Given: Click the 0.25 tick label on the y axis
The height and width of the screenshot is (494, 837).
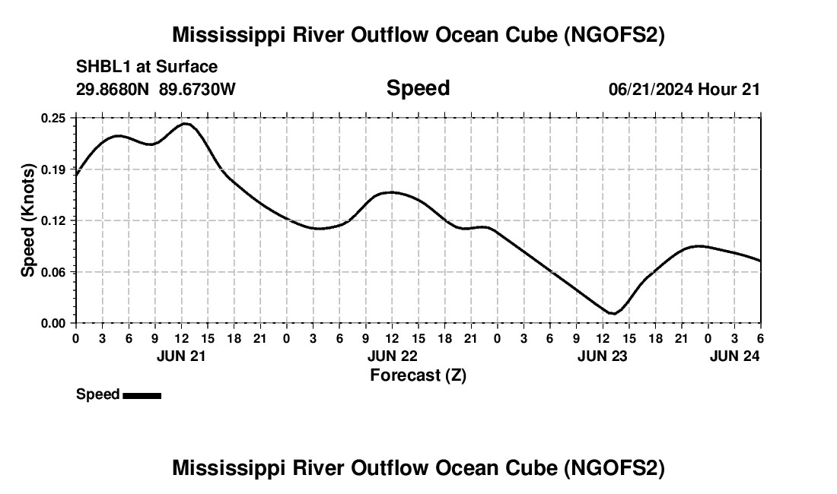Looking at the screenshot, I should click(53, 118).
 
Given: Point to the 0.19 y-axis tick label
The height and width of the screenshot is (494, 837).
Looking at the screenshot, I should click(53, 169).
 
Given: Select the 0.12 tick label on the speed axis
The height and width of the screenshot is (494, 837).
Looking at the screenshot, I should click(53, 220).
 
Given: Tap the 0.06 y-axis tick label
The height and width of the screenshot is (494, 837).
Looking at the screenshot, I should click(53, 272).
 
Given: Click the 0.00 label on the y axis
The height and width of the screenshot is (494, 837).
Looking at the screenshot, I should click(53, 323).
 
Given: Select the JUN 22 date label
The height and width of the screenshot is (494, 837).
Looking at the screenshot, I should click(392, 356).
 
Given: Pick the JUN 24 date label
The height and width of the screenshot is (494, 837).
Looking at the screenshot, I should click(734, 356).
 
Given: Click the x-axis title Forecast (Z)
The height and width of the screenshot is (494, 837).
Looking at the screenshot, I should click(418, 375).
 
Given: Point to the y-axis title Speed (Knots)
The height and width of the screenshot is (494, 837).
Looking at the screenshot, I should click(28, 220).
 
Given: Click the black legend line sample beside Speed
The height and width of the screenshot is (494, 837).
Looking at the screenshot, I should click(142, 395).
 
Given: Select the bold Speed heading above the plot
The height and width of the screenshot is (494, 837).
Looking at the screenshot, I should click(418, 88).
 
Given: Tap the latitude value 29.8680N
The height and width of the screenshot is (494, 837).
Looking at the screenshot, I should click(113, 89).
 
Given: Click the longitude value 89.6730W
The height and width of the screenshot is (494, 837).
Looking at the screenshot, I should click(198, 89).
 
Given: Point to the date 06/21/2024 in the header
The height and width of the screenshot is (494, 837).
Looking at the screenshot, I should click(650, 89).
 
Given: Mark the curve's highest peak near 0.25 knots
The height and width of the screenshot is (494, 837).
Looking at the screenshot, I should click(186, 123).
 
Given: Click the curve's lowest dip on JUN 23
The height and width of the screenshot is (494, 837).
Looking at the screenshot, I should click(613, 313).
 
